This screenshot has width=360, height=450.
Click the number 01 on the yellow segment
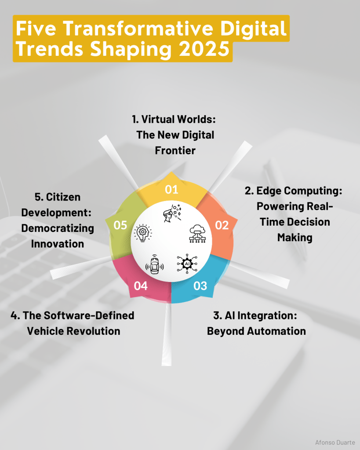171,190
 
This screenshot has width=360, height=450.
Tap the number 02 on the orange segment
222,225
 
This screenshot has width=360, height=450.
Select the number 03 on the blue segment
200,286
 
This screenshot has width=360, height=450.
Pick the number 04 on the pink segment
141,286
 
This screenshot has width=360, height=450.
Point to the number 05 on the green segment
120,225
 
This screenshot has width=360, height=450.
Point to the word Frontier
175,150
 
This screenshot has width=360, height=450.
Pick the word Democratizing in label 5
58,228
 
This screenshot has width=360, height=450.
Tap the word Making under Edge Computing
295,238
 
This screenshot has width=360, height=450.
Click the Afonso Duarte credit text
335,443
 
